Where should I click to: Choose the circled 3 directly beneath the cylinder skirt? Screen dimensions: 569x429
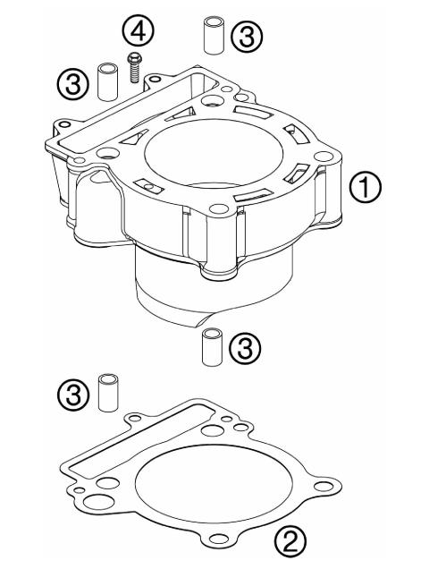pyautogui.click(x=244, y=345)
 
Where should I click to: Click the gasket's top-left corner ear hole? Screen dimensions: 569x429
pyautogui.click(x=135, y=418)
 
